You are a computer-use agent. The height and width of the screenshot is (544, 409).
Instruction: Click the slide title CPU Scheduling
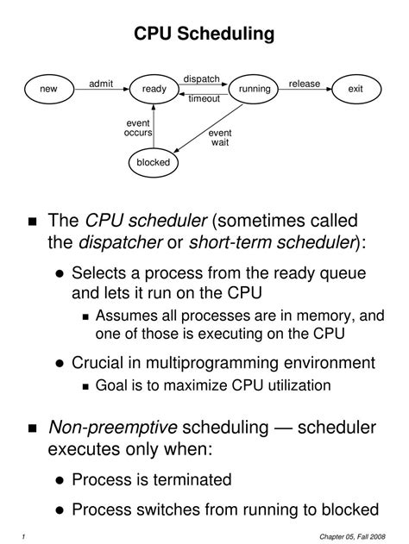pos(204,34)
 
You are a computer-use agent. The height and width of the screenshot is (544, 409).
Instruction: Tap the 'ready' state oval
pos(154,89)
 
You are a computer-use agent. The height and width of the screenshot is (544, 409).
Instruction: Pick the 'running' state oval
pos(255,89)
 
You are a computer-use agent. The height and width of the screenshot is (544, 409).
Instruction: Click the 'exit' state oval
pos(356,89)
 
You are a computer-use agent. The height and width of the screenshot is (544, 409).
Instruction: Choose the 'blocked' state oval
pos(154,161)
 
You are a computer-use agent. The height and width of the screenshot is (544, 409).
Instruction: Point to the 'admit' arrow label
pos(101,83)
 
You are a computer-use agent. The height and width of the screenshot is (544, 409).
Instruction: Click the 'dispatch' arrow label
pos(202,78)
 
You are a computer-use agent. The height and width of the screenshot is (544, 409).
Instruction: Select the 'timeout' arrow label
pos(204,98)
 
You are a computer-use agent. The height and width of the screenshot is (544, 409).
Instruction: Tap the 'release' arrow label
pos(305,84)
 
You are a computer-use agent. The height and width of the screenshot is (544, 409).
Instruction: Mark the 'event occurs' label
pos(138,128)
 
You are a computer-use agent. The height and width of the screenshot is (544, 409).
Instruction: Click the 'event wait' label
pos(220,138)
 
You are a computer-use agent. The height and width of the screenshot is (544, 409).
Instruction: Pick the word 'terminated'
pos(191,478)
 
